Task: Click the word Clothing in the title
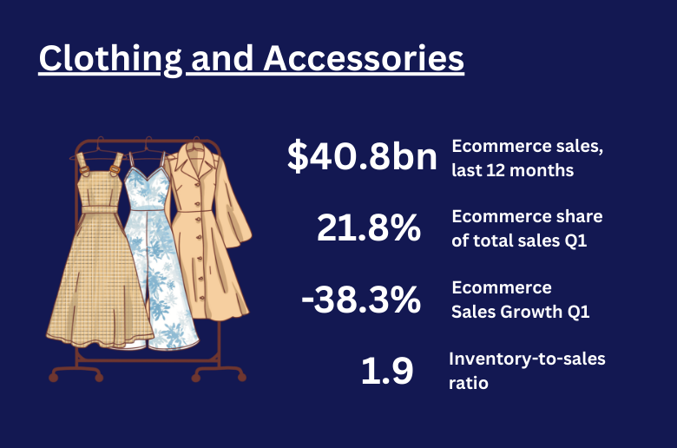pyautogui.click(x=110, y=59)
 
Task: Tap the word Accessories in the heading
pyautogui.click(x=364, y=58)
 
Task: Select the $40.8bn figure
pyautogui.click(x=362, y=156)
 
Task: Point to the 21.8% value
pyautogui.click(x=369, y=227)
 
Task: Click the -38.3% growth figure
pyautogui.click(x=361, y=299)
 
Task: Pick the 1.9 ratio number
pyautogui.click(x=387, y=370)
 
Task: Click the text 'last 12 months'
pyautogui.click(x=512, y=170)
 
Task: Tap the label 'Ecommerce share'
pyautogui.click(x=527, y=216)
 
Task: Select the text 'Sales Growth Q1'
pyautogui.click(x=520, y=312)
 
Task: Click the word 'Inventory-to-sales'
pyautogui.click(x=527, y=359)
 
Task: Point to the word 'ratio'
pyautogui.click(x=469, y=383)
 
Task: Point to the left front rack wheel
pyautogui.click(x=54, y=378)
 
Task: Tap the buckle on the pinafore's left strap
pyautogui.click(x=84, y=170)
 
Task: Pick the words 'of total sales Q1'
pyautogui.click(x=519, y=240)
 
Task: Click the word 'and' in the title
pyautogui.click(x=222, y=58)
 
